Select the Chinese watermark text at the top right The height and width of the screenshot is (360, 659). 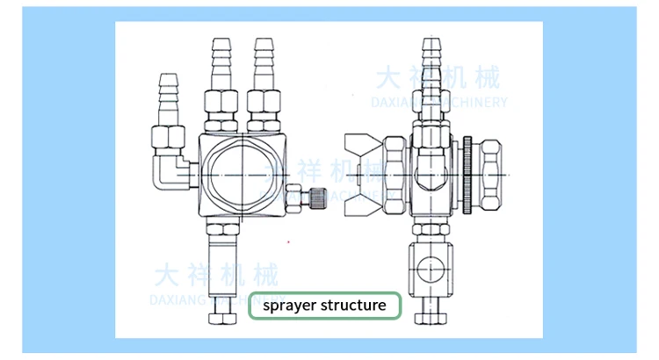click(x=437, y=78)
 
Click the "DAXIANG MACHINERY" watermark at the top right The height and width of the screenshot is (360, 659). click(x=439, y=102)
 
